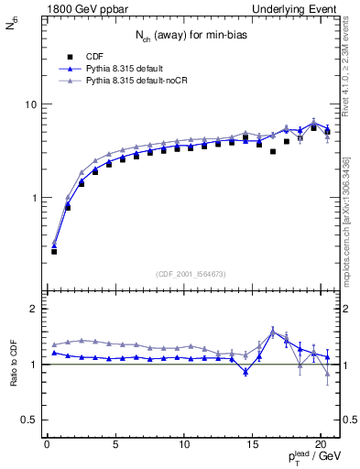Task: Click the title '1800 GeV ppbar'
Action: pyautogui.click(x=80, y=8)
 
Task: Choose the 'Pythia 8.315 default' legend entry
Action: pyautogui.click(x=130, y=68)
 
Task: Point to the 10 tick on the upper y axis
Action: pyautogui.click(x=30, y=104)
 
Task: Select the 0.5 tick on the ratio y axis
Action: pyautogui.click(x=28, y=420)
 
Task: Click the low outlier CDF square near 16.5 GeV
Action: pyautogui.click(x=273, y=152)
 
